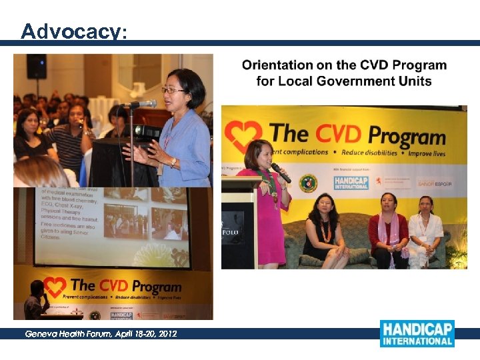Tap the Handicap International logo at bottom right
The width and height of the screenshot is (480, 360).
[417, 333]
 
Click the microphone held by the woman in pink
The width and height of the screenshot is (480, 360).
[280, 172]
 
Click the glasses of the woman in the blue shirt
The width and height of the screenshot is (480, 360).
[172, 90]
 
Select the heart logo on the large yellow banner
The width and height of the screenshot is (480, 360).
[243, 135]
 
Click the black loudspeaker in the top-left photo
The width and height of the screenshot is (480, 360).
[36, 66]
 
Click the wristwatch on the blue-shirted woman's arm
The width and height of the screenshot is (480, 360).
[173, 162]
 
